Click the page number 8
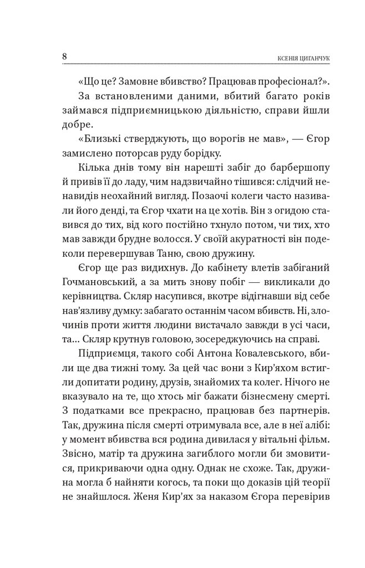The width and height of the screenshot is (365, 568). click(65, 57)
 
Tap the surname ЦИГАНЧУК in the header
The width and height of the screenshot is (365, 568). click(314, 59)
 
